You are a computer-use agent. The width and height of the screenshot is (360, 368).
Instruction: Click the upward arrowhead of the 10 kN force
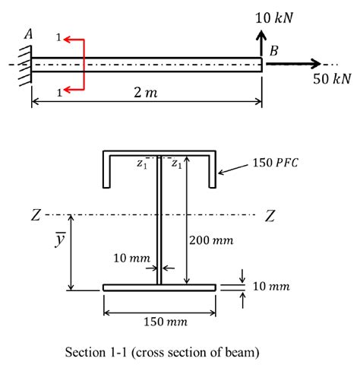pos(262,36)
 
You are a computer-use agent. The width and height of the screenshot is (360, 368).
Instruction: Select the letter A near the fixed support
pos(28,33)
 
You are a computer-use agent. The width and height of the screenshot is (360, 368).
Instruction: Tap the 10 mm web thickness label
pos(127,259)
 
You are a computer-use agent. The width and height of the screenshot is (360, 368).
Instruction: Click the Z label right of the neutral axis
pos(271,215)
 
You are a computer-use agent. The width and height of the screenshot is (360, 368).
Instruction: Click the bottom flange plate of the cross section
pos(159,287)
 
